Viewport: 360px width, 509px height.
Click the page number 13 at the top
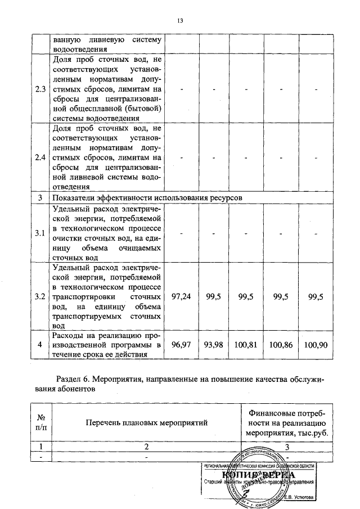(180, 21)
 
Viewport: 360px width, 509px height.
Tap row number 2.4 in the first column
(40, 157)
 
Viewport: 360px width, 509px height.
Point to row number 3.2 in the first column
(40, 296)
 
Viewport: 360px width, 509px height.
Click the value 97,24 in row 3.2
(182, 296)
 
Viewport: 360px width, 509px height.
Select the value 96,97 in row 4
(182, 344)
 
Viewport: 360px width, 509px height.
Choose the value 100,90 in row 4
(315, 344)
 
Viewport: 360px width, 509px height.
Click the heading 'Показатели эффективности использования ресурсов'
(147, 199)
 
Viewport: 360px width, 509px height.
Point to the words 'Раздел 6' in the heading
(73, 380)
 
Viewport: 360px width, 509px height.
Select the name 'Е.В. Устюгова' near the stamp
(299, 497)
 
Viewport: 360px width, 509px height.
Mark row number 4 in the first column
(40, 344)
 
